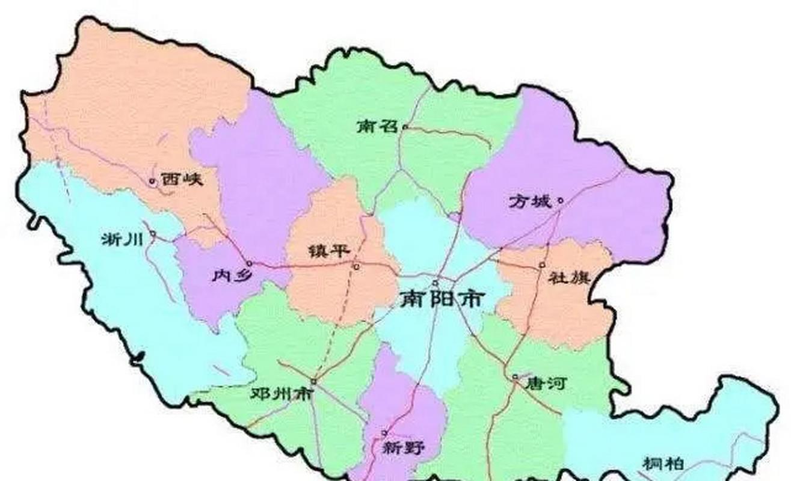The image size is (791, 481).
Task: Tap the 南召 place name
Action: click(x=377, y=127)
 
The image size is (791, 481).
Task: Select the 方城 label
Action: click(x=530, y=201)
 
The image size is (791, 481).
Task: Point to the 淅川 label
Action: click(x=122, y=239)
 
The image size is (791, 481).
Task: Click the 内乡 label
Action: click(x=227, y=275)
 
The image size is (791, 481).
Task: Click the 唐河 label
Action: click(x=545, y=383)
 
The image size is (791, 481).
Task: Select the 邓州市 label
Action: click(x=282, y=394)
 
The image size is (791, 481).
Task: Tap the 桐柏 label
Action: click(x=663, y=464)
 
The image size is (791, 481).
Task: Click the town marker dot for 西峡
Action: click(x=152, y=180)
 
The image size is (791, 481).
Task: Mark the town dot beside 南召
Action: click(x=405, y=127)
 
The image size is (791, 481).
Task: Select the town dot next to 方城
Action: click(x=560, y=201)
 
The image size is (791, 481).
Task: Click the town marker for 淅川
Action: click(x=153, y=234)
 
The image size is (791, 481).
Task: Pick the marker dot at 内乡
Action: click(x=249, y=263)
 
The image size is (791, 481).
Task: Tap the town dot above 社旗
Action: click(x=542, y=264)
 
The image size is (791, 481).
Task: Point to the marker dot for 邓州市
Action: click(x=313, y=381)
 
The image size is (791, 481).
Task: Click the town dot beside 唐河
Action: click(x=516, y=377)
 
